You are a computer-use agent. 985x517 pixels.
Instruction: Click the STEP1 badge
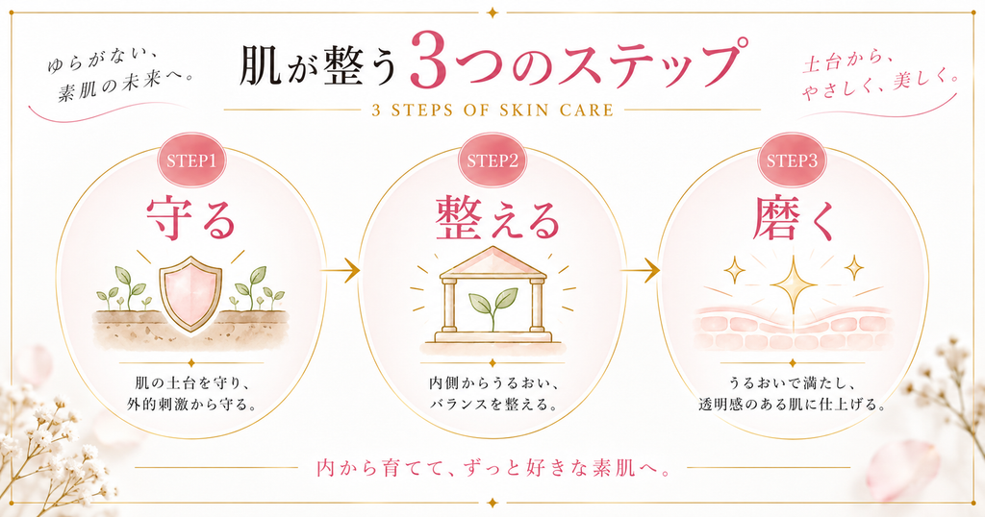point(191,160)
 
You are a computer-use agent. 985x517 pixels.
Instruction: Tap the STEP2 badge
point(492,160)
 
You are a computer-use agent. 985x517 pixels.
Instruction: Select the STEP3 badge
point(792,160)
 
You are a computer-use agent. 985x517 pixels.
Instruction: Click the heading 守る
point(191,218)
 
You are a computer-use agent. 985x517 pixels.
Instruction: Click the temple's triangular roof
point(493,261)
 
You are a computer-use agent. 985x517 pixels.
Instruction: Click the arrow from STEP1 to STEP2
point(340,271)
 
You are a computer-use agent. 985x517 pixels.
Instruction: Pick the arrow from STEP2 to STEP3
point(640,271)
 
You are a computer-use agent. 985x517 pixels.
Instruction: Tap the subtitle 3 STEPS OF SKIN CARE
point(492,111)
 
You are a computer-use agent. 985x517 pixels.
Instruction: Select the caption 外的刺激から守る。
point(191,404)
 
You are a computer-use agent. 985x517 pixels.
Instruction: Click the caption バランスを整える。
point(493,404)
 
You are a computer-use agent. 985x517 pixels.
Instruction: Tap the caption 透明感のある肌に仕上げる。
point(793,404)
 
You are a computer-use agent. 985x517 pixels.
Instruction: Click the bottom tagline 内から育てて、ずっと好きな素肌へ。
point(492,468)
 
